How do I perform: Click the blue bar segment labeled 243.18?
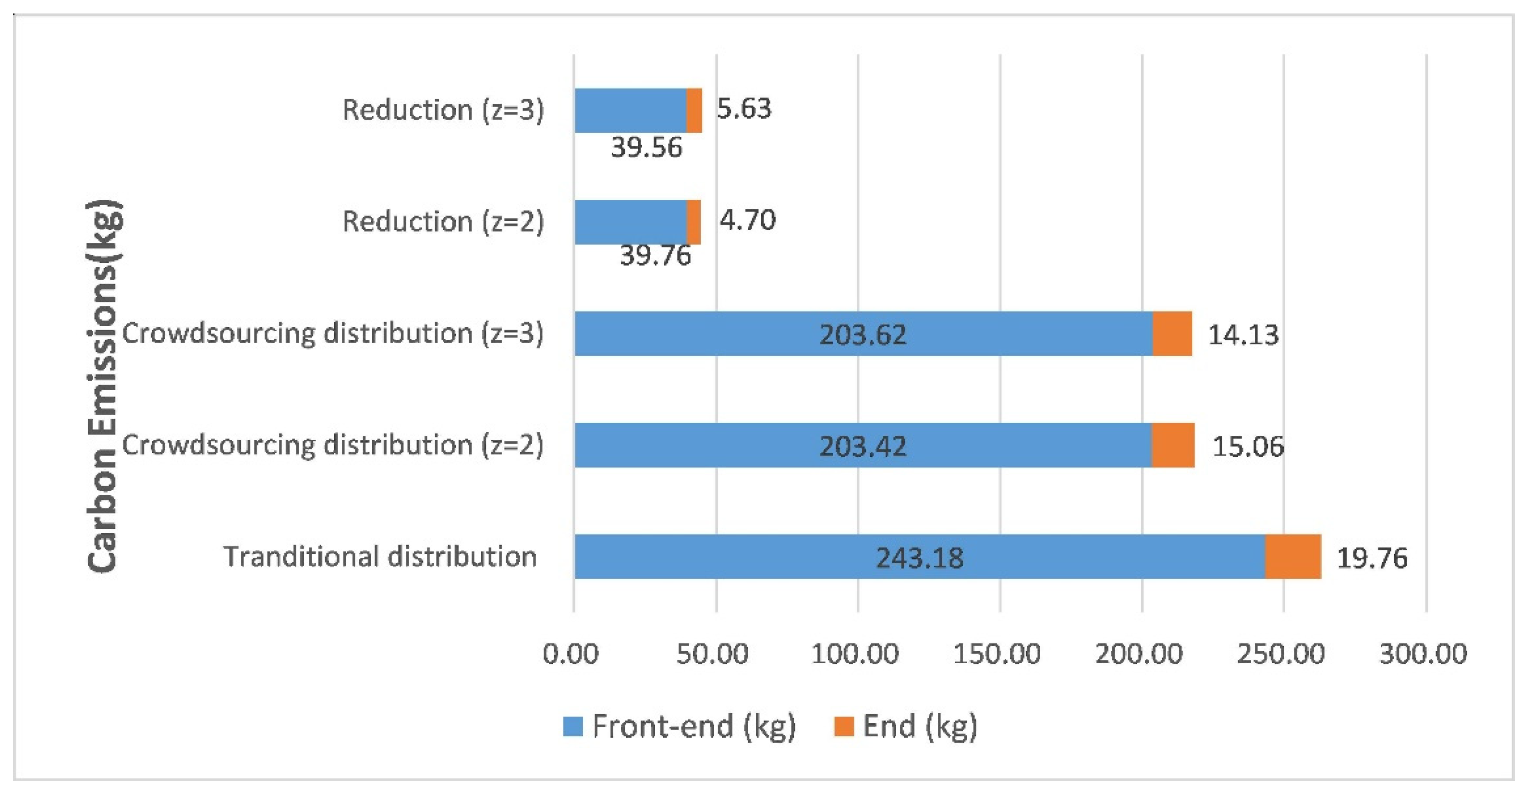pos(919,557)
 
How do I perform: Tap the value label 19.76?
pos(1372,558)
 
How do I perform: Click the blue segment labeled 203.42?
pos(863,446)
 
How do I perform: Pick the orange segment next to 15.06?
pos(1172,446)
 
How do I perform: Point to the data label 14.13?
pos(1242,335)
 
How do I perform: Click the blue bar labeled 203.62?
pos(863,334)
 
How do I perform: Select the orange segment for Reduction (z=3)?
pos(694,111)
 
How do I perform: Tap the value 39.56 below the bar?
pos(646,148)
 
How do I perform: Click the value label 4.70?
pos(747,220)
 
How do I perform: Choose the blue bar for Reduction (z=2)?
pos(630,222)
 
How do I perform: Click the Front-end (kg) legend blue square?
pos(572,726)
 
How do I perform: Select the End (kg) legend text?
pos(919,726)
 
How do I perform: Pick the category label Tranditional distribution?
pos(380,557)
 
